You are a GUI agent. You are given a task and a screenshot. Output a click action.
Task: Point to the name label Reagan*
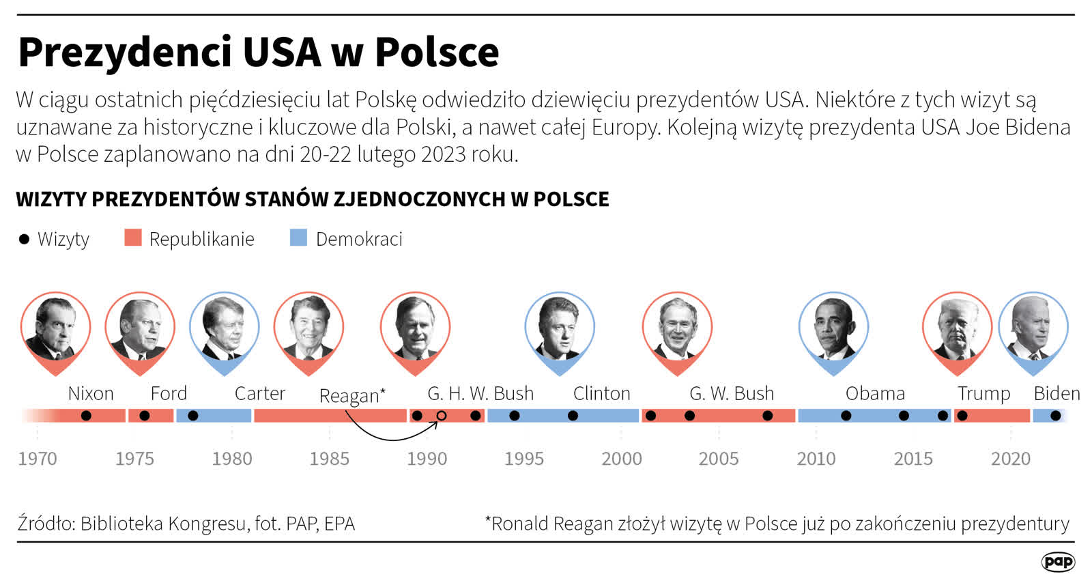tap(352, 396)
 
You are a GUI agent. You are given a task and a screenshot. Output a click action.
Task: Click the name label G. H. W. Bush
tap(480, 393)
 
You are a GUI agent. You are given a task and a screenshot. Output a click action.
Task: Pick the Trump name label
tap(983, 393)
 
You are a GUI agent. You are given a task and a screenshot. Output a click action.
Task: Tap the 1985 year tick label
tap(329, 459)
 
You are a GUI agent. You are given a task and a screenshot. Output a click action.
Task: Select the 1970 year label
tap(37, 459)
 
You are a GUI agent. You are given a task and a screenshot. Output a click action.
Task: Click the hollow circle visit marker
tap(442, 416)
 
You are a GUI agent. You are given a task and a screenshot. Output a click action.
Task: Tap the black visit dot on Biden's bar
tap(1055, 416)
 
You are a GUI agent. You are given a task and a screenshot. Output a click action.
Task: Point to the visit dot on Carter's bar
tap(193, 416)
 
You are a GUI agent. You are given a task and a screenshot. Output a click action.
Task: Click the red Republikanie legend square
tap(132, 238)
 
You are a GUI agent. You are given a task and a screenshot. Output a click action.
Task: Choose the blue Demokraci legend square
tap(298, 238)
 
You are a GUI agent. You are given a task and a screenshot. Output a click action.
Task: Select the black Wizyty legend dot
tap(24, 239)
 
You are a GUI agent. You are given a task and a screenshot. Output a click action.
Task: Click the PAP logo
tap(1058, 562)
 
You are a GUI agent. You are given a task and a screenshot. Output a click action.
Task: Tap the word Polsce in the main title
tap(437, 52)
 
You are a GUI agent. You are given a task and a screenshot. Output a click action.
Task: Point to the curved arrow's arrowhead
tap(435, 424)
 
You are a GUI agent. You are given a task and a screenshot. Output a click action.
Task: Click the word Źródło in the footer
tap(45, 524)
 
